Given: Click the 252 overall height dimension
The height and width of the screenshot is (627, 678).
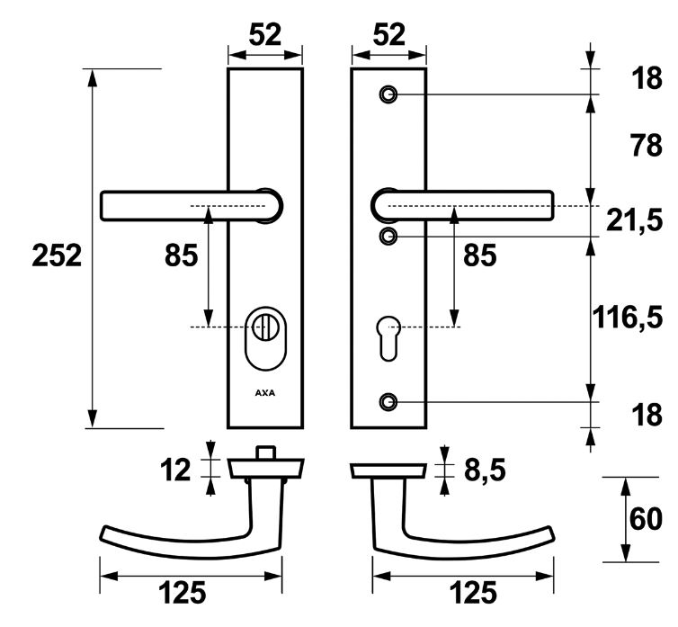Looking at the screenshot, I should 57,256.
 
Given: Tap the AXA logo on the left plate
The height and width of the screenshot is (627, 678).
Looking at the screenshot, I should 265,393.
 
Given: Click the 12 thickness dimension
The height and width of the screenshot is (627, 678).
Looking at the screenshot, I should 175,469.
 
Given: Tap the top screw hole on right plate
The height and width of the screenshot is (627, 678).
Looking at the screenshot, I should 388,94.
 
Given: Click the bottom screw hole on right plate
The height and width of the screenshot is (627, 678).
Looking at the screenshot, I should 388,400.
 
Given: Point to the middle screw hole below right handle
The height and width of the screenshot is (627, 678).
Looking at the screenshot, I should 388,237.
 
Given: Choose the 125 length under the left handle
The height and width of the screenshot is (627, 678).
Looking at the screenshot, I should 183,593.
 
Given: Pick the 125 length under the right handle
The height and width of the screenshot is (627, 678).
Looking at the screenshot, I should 471,593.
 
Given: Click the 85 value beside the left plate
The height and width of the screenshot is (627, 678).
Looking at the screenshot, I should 181,256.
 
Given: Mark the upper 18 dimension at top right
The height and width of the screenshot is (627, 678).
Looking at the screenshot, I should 647,79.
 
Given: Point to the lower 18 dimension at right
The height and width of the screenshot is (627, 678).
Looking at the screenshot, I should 647,416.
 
